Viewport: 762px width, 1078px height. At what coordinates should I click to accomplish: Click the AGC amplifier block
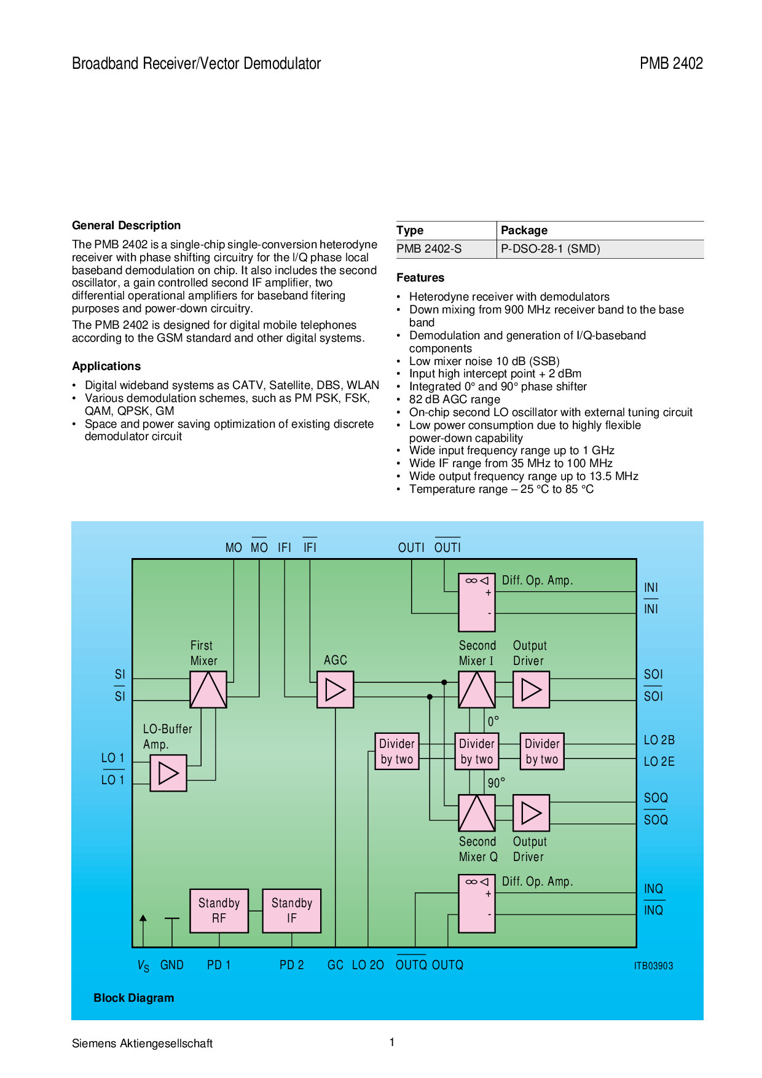pyautogui.click(x=335, y=690)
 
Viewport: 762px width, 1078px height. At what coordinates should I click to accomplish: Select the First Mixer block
pyautogui.click(x=208, y=690)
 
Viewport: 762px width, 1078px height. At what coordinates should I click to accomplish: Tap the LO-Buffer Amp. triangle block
pyautogui.click(x=168, y=773)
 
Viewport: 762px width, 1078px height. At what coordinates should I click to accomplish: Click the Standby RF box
pyautogui.click(x=219, y=911)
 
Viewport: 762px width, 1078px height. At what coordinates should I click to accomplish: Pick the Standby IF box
pyautogui.click(x=292, y=911)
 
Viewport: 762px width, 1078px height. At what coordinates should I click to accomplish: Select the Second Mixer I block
pyautogui.click(x=477, y=690)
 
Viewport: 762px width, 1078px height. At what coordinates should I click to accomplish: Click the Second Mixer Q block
pyautogui.click(x=477, y=813)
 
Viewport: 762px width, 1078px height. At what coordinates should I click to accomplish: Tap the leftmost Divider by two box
pyautogui.click(x=397, y=751)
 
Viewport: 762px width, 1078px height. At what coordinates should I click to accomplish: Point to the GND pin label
pyautogui.click(x=172, y=965)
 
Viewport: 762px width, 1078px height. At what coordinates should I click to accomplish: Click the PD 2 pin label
pyautogui.click(x=292, y=965)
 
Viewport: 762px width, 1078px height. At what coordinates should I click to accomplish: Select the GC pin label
pyautogui.click(x=336, y=965)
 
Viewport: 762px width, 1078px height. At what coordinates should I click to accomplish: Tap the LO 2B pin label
pyautogui.click(x=659, y=740)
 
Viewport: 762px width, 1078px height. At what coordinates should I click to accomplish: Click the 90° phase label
pyautogui.click(x=497, y=783)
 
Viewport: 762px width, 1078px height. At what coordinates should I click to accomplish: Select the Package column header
pyautogui.click(x=524, y=230)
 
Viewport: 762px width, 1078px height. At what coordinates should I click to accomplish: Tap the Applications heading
pyautogui.click(x=106, y=366)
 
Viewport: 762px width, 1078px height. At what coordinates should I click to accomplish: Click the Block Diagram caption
pyautogui.click(x=134, y=998)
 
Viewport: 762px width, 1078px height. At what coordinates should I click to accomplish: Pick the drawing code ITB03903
pyautogui.click(x=654, y=966)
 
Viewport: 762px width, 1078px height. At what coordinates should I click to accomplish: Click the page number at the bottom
pyautogui.click(x=392, y=1042)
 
